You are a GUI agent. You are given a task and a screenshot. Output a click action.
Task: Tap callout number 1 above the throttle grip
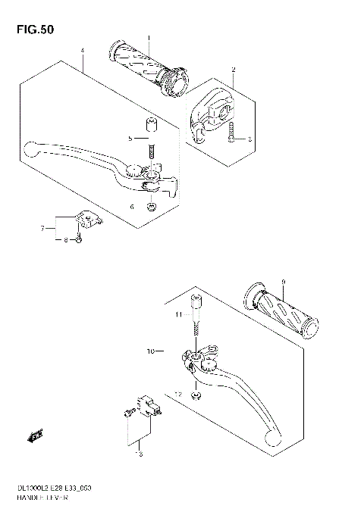point(149,38)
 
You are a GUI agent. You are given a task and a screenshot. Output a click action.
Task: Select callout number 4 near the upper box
point(81,51)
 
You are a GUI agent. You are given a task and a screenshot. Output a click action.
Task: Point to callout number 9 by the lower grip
point(282,282)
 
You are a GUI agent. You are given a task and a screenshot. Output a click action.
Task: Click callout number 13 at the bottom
point(139,454)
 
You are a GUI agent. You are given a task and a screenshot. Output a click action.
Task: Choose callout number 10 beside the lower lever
point(151,352)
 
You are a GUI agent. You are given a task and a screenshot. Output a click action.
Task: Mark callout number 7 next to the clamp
point(43,226)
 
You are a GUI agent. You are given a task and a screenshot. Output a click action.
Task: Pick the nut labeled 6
point(152,206)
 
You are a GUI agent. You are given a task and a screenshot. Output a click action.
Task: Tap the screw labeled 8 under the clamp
point(78,239)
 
